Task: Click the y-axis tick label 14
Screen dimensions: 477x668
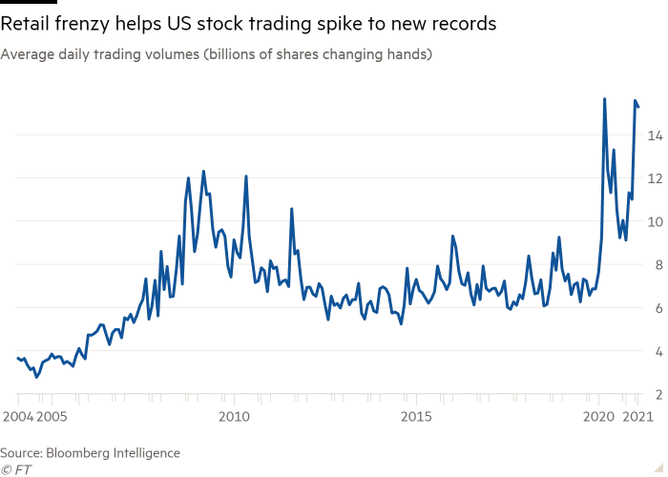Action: pyautogui.click(x=654, y=135)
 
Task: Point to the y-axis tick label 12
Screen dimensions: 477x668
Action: pyautogui.click(x=654, y=178)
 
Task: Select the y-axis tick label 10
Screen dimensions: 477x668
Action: pyautogui.click(x=654, y=221)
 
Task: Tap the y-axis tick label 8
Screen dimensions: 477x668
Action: pyautogui.click(x=656, y=264)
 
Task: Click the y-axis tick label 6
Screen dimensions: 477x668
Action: pyautogui.click(x=656, y=308)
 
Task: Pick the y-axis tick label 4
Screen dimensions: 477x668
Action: pyautogui.click(x=656, y=351)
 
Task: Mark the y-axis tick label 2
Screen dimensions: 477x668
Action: pyautogui.click(x=656, y=394)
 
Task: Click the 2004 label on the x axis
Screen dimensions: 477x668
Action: pyautogui.click(x=16, y=417)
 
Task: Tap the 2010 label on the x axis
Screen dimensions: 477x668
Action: pyautogui.click(x=234, y=417)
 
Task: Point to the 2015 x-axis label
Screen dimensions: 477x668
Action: pyautogui.click(x=416, y=417)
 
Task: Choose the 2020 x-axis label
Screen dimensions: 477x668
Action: pyautogui.click(x=599, y=417)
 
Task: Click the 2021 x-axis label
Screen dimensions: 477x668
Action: pyautogui.click(x=636, y=417)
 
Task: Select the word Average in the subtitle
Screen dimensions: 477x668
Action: pyautogui.click(x=24, y=55)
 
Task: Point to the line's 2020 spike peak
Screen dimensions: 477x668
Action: pyautogui.click(x=604, y=98)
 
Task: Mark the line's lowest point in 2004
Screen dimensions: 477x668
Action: pyautogui.click(x=36, y=377)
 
